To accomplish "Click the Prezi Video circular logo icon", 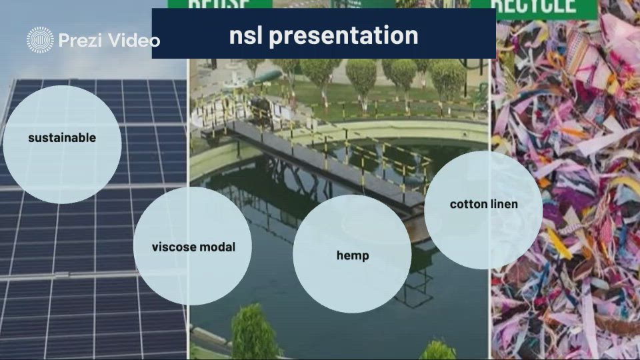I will pos(40,41).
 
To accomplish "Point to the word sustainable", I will pos(62,138).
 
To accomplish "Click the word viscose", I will pos(175,247).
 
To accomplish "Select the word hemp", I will pos(353,256).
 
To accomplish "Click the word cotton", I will pos(468,204).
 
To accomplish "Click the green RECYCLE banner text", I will pos(533,6).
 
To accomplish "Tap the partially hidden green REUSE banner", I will pos(219,4).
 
